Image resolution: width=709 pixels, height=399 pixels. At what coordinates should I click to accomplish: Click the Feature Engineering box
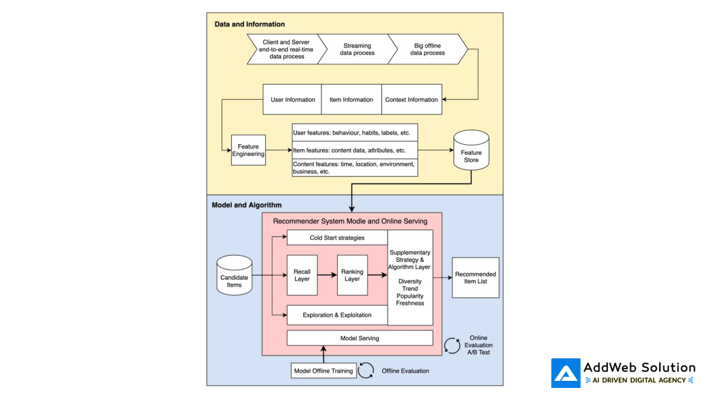[x=248, y=150]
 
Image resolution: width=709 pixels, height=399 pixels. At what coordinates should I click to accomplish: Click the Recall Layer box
[x=302, y=274]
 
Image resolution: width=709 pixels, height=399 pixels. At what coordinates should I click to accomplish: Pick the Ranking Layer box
[x=352, y=274]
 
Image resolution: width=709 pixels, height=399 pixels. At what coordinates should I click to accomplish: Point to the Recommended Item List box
[x=475, y=278]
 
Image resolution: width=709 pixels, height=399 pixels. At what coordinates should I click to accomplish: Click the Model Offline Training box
[x=323, y=371]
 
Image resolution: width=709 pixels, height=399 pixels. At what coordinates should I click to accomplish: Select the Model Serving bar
[x=359, y=338]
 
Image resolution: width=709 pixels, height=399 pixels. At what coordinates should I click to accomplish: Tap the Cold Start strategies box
[x=336, y=238]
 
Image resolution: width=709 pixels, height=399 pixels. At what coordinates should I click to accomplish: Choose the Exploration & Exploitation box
[x=336, y=314]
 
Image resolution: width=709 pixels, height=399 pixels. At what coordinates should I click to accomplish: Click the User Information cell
[x=292, y=100]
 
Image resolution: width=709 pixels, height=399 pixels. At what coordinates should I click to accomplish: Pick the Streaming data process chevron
[x=357, y=49]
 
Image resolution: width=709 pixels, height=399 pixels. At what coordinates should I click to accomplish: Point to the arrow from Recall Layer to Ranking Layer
[x=327, y=274]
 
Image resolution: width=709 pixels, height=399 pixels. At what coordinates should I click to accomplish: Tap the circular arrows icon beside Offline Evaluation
[x=366, y=371]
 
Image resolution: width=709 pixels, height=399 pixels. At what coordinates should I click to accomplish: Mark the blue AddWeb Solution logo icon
[x=566, y=373]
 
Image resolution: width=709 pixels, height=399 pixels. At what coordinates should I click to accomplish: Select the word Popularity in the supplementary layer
[x=410, y=295]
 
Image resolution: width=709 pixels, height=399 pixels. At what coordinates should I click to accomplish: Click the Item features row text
[x=349, y=150]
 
